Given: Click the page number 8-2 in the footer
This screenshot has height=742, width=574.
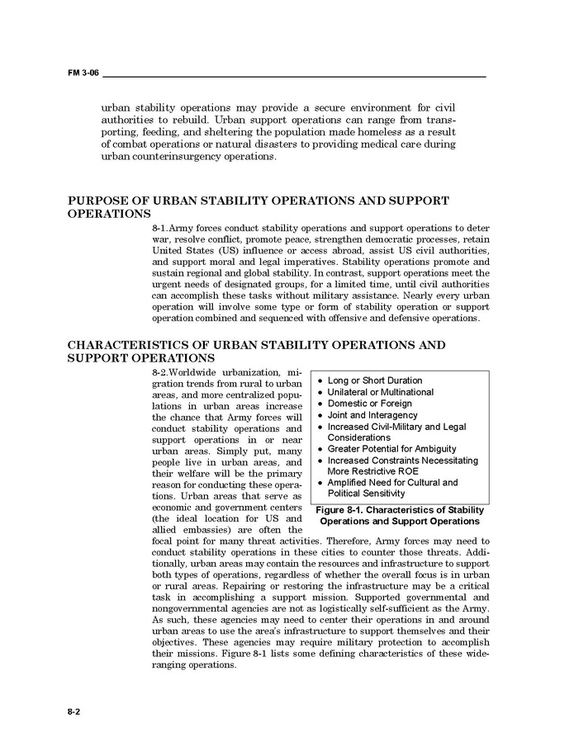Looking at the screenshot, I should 74,710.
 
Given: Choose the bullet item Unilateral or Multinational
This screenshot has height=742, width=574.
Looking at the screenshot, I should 380,392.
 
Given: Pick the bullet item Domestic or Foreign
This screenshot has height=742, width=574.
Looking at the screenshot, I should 369,404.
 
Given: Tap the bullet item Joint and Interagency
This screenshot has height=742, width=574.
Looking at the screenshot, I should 372,415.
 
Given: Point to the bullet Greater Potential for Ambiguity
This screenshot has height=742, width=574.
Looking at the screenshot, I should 391,449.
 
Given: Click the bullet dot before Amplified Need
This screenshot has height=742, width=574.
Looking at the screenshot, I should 320,483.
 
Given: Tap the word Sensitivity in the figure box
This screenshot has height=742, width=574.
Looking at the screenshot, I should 381,494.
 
